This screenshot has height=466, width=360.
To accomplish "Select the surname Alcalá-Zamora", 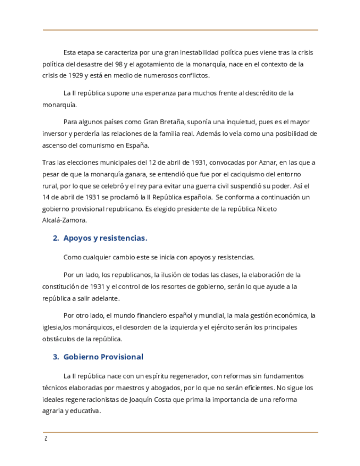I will tap(64, 220).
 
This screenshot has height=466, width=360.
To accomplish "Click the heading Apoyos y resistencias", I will tap(105, 238).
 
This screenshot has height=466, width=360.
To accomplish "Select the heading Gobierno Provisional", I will tap(103, 357).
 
